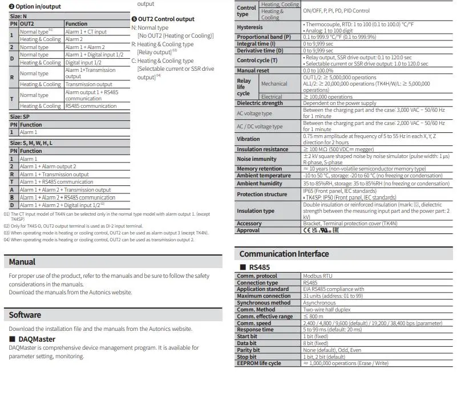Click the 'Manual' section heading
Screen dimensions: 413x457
[x=22, y=262]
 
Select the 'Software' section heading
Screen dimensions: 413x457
[x=25, y=315]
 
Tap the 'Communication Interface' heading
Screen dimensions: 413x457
[x=284, y=254]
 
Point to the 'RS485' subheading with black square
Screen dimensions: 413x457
[x=255, y=267]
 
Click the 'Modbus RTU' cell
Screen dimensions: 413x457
[x=318, y=276]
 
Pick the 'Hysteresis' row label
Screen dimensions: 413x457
[x=250, y=27]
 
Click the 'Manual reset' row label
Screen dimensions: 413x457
[x=253, y=70]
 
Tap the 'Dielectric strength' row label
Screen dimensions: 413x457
[x=260, y=103]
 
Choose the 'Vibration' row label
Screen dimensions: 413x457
[x=248, y=139]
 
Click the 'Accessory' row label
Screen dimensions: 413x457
[x=249, y=224]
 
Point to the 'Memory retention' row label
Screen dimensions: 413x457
[x=260, y=169]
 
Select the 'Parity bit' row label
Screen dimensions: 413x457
[x=248, y=350]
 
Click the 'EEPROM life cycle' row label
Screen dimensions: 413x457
[x=258, y=363]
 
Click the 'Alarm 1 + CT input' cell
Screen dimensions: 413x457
[x=86, y=32]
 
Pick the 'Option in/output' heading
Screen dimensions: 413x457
[x=37, y=6]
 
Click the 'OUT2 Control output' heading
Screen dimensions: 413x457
[x=165, y=19]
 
